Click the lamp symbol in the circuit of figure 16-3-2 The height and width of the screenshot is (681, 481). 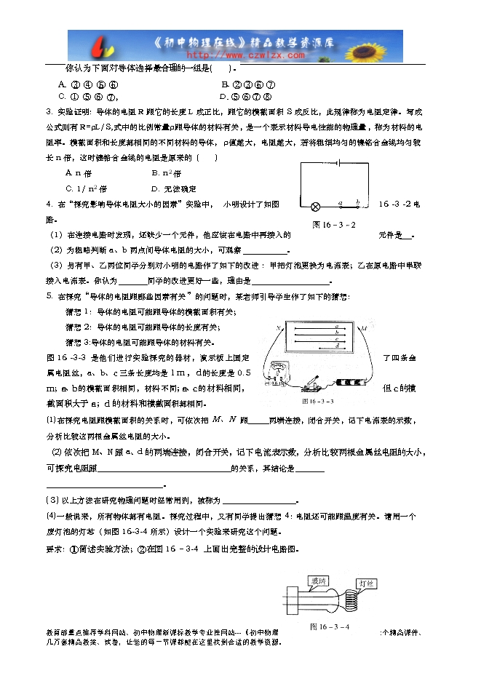(316, 205)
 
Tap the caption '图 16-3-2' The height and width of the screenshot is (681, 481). (333, 225)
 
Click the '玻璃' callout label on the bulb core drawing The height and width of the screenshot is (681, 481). (318, 581)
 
